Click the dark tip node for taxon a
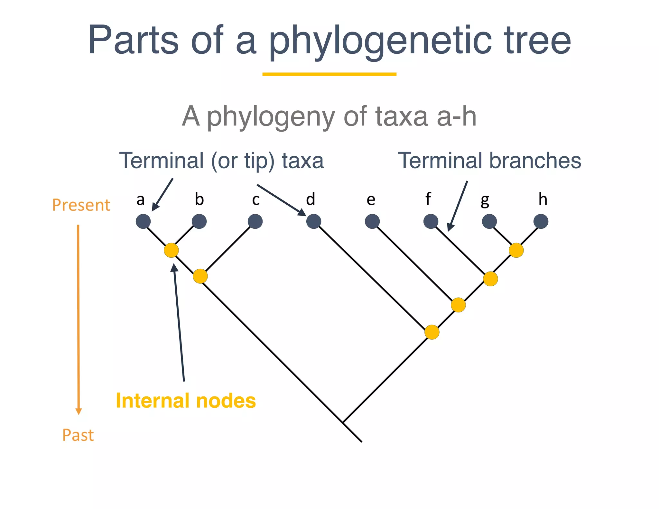(143, 221)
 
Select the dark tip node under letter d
(313, 221)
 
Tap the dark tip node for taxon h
(541, 221)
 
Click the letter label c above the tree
(256, 200)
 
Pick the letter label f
(428, 199)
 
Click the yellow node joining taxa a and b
(171, 250)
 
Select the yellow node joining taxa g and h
(516, 250)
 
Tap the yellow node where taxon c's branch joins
(200, 276)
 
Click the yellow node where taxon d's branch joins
(432, 332)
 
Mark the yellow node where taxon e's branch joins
(458, 305)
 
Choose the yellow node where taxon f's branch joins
(490, 279)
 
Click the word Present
(81, 205)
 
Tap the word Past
(78, 435)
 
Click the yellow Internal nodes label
(186, 401)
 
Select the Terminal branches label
(489, 160)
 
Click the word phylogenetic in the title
(380, 41)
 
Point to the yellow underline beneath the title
(329, 74)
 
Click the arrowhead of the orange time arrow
(79, 411)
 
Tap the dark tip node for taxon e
(372, 221)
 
